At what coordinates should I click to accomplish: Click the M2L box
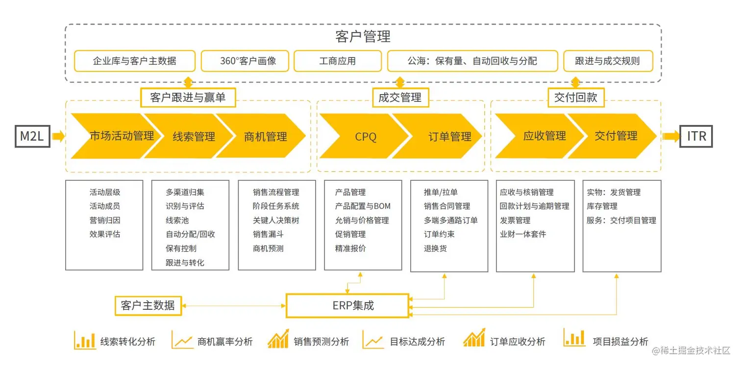[32, 136]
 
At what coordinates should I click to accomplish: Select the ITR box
[696, 136]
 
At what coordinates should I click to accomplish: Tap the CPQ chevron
[366, 136]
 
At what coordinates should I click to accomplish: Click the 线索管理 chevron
[194, 136]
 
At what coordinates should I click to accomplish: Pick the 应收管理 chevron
[544, 136]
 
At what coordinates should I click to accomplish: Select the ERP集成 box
[347, 306]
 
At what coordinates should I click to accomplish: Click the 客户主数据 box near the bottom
[148, 306]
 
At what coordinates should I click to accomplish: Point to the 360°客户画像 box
[247, 61]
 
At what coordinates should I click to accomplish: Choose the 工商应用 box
[337, 61]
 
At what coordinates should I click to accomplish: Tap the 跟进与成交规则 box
[607, 61]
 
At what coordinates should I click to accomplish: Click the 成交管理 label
[400, 98]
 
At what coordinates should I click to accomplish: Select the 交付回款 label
[576, 98]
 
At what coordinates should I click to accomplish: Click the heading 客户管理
[363, 36]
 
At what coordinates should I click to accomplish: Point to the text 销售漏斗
[268, 234]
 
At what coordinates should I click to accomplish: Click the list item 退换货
[435, 248]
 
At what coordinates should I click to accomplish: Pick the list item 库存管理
[602, 206]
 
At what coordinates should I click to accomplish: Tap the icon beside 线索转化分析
[85, 340]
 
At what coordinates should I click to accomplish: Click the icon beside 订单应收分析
[474, 339]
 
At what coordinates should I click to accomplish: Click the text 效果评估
[104, 234]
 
